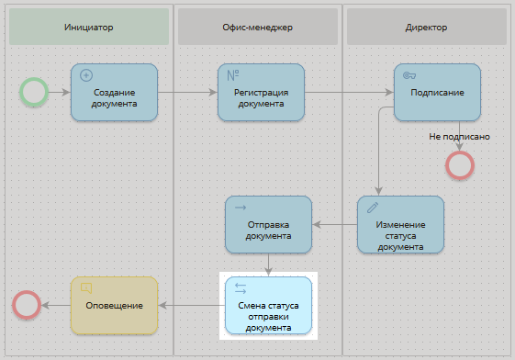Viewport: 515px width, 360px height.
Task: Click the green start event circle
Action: pos(34,91)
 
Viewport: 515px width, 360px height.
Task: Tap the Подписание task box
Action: pos(437,92)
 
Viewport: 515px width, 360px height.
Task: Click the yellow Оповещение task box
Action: pos(114,305)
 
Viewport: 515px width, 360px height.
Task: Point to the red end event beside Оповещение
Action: pos(27,304)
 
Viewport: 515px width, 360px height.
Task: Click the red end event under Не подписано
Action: pos(459,164)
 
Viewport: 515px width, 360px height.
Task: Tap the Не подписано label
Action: pos(459,137)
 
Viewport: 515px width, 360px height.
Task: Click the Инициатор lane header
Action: pos(89,28)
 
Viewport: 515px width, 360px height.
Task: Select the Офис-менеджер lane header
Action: pos(258,28)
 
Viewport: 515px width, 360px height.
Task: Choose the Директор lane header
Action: pos(426,28)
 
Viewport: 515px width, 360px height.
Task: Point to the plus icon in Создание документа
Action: pos(87,74)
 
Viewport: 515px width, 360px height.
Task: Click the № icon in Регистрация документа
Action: pos(233,74)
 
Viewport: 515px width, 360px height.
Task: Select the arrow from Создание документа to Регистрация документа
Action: pos(187,92)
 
